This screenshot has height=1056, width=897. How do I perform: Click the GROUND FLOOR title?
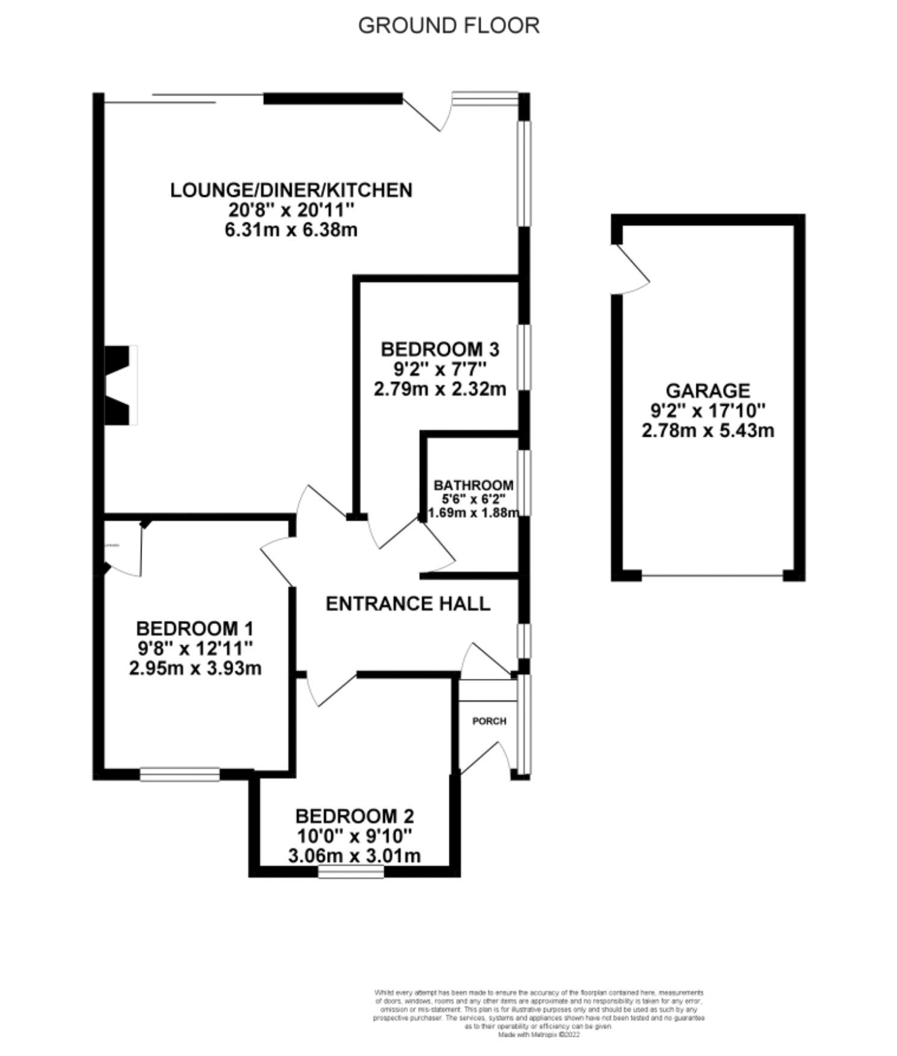tap(448, 25)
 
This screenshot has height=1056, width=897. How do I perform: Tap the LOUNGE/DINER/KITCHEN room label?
tap(291, 190)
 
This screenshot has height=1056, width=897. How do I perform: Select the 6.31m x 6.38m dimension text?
tap(291, 230)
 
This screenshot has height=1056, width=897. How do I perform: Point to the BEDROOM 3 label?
tap(440, 349)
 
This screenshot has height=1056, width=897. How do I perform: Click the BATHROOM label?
tap(474, 485)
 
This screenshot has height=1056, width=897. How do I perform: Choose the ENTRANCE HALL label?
tap(408, 604)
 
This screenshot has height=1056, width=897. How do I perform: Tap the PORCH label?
tap(489, 721)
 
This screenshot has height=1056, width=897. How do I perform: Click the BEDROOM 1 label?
tap(195, 628)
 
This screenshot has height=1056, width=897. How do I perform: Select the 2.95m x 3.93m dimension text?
tap(195, 668)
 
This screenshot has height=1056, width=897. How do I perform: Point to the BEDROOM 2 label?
tap(354, 816)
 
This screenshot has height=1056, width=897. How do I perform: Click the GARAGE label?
tap(708, 390)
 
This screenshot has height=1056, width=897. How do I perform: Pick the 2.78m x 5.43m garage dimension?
tap(708, 431)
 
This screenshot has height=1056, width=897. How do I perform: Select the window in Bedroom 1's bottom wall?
tap(180, 774)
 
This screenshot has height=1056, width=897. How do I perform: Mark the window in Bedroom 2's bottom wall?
tap(351, 871)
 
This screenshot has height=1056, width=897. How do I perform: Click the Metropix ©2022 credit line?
tap(539, 1035)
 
